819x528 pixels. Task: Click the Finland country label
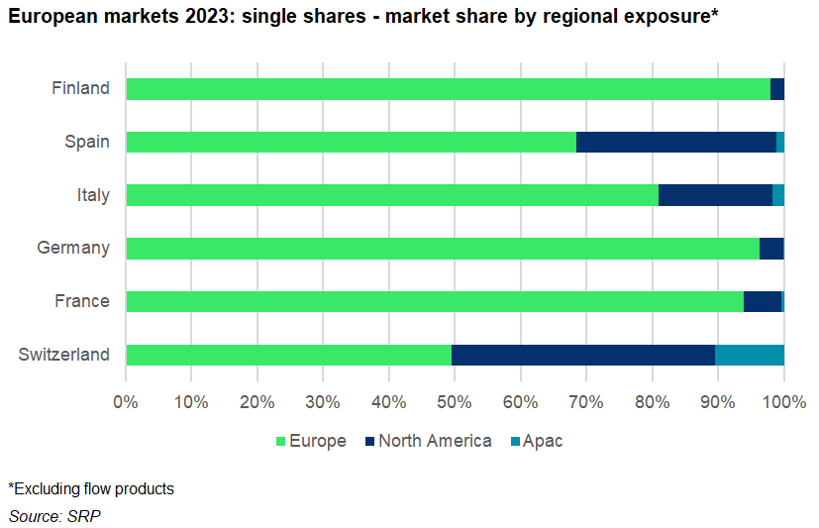pos(80,88)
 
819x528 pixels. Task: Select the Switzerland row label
pos(63,355)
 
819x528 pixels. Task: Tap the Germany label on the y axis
pos(72,248)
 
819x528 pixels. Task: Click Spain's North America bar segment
pos(676,142)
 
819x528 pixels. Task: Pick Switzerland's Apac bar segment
pos(749,355)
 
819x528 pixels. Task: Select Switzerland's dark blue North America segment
pos(583,355)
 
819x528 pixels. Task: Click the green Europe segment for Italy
pos(392,195)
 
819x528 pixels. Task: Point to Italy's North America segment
pos(715,195)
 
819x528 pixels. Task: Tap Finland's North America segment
pos(777,88)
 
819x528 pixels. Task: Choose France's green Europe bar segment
pos(435,301)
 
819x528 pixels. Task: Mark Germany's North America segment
pos(771,248)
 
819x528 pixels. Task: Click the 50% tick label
pos(455,402)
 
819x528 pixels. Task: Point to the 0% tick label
pos(126,402)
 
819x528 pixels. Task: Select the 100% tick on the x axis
pos(784,402)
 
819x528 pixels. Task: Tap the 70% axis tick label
pos(586,402)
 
